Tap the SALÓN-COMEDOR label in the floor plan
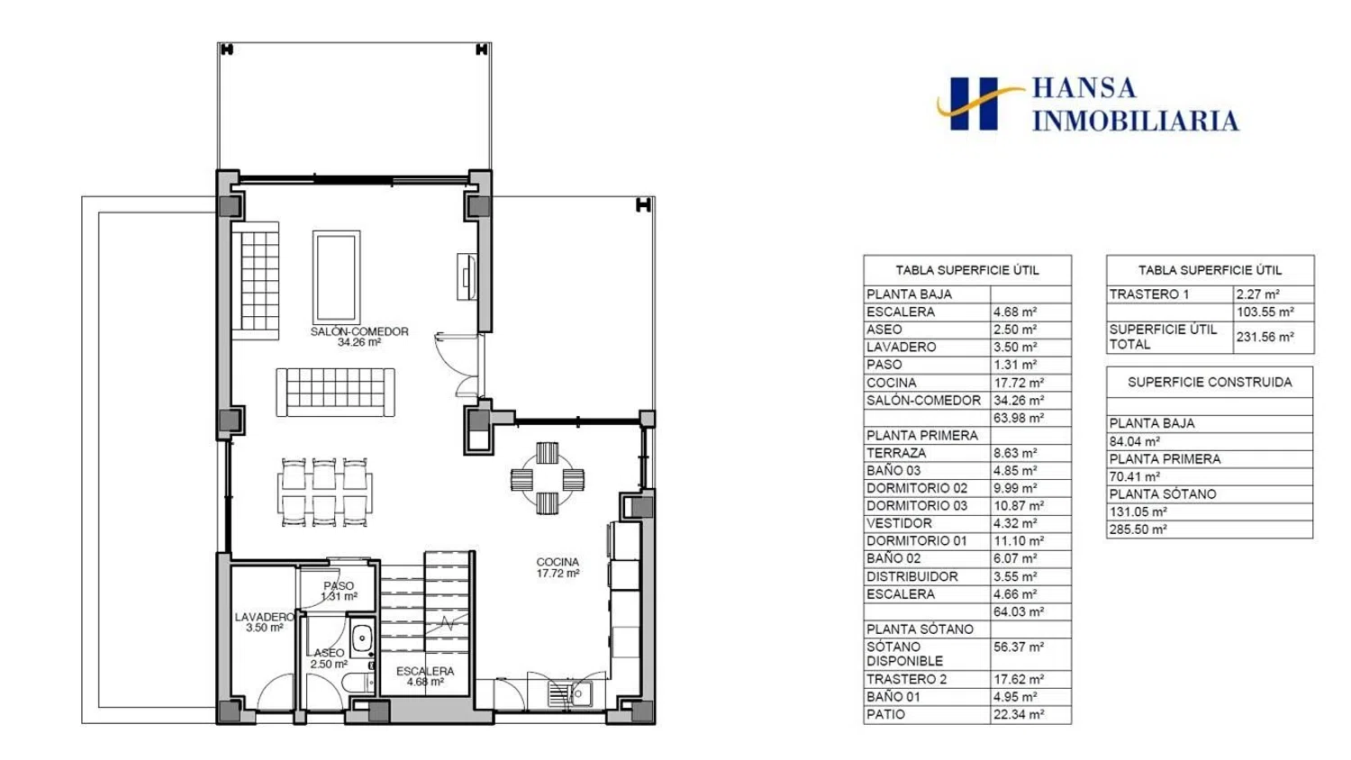pos(359,331)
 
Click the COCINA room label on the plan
pos(558,562)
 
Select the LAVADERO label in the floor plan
pos(264,617)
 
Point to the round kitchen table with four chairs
pos(547,479)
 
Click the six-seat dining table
pos(324,493)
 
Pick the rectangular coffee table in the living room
pos(336,276)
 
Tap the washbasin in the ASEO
pos(362,638)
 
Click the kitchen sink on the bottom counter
pos(570,693)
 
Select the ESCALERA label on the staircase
pos(425,672)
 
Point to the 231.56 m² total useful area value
pos(1265,337)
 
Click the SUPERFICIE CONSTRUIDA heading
pos(1210,382)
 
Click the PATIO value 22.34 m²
pos(1019,714)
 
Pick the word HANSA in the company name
pos(1084,88)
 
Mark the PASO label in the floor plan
pos(339,585)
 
